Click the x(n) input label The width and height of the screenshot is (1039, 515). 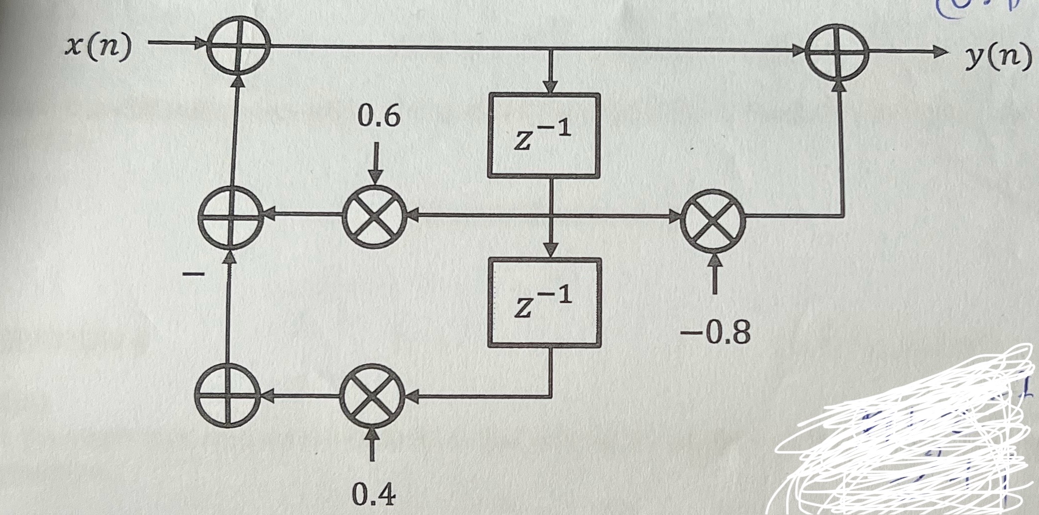[99, 47]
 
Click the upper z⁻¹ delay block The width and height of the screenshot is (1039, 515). [544, 135]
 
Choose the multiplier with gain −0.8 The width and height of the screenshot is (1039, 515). [714, 217]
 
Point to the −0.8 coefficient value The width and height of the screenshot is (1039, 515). [716, 332]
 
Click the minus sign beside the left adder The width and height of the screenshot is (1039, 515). [193, 274]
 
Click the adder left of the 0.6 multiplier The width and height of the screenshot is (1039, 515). [230, 217]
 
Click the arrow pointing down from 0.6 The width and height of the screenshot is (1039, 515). [376, 164]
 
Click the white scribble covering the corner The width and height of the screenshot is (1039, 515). [906, 438]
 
